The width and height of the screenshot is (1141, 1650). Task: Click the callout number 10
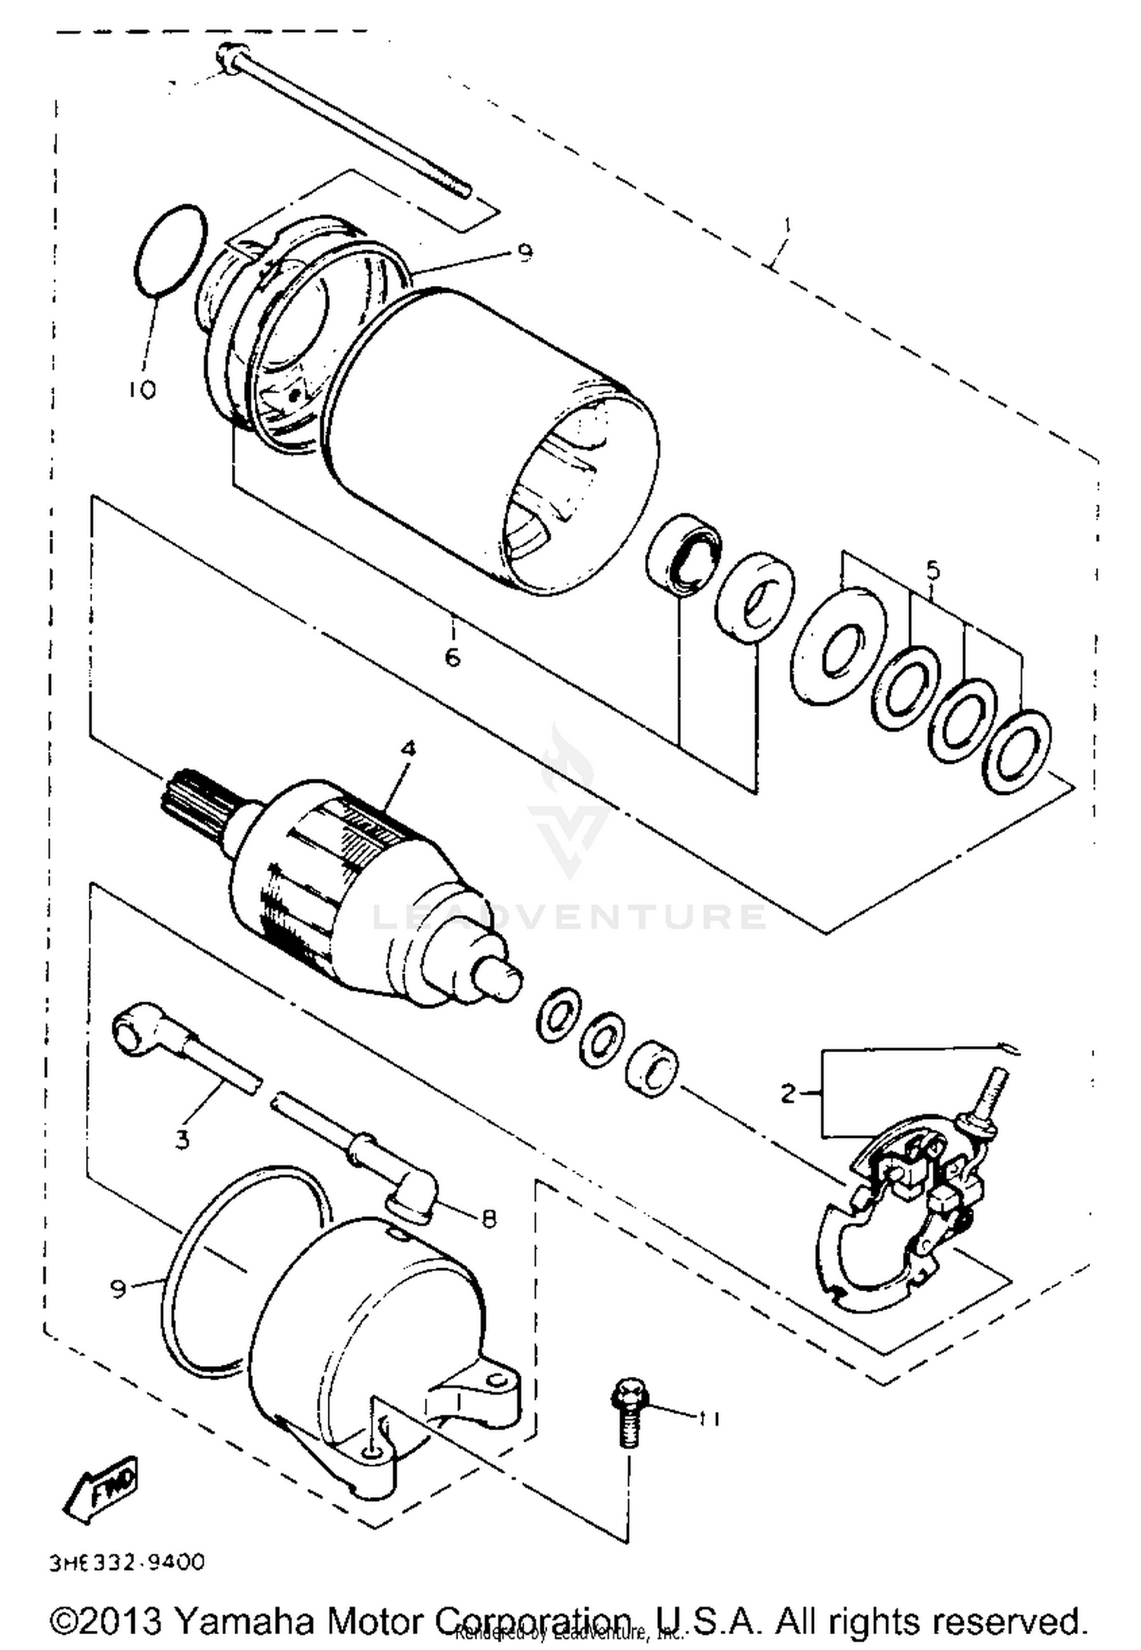[x=142, y=390]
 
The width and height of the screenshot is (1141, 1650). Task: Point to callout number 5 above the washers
[x=933, y=570]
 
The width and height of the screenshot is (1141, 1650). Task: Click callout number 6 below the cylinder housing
[x=453, y=656]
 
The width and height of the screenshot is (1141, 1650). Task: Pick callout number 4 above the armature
[x=409, y=749]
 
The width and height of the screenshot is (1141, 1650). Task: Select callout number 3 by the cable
[x=182, y=1140]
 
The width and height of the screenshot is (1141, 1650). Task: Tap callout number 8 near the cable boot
[x=488, y=1218]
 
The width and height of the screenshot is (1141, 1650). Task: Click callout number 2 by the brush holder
[x=789, y=1094]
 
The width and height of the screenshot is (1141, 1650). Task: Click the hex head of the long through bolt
[x=227, y=56]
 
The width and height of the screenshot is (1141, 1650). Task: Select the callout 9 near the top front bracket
[x=525, y=254]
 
